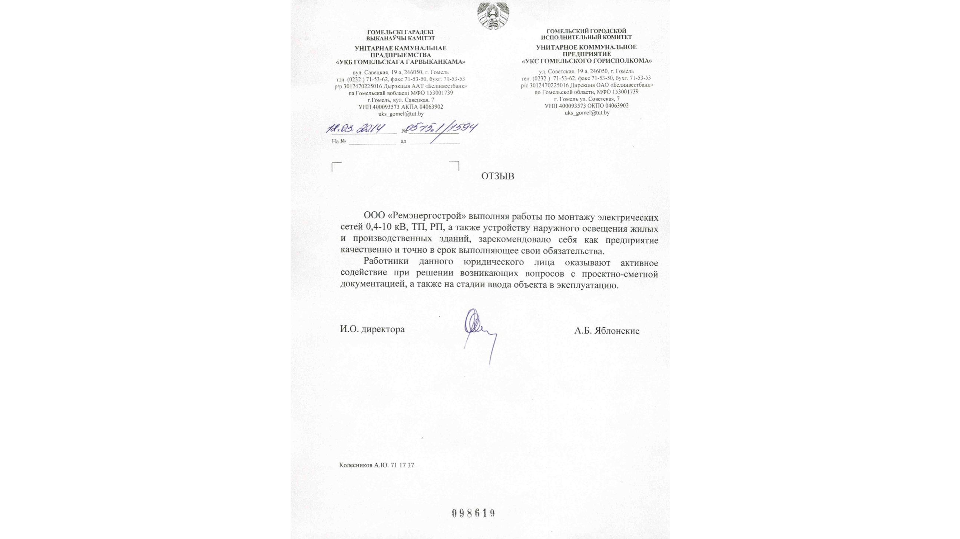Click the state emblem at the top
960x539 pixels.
pos(493,15)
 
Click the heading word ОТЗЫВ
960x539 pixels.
pos(497,176)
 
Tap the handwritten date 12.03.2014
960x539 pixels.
pos(355,129)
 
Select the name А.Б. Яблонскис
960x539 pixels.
pos(606,331)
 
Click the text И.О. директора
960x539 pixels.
pos(372,329)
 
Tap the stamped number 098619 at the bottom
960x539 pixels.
pos(473,513)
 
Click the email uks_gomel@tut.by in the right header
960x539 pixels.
pos(587,113)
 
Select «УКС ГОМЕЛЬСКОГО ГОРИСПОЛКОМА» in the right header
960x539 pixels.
pos(587,61)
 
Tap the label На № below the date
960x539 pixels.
pos(338,141)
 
